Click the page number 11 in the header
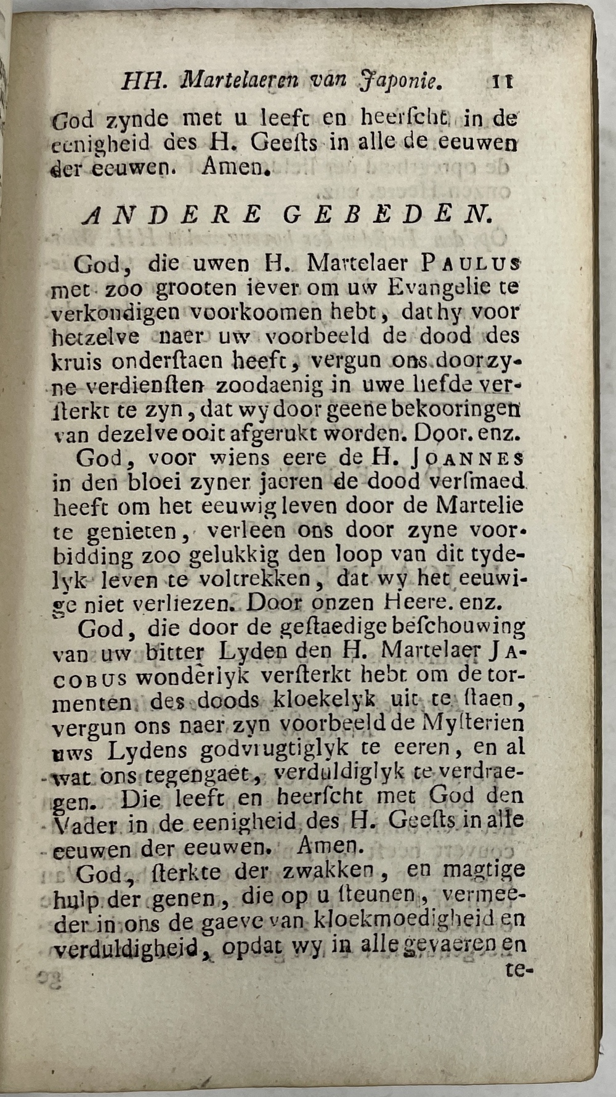coord(503,81)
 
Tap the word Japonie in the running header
coord(400,81)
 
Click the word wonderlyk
coord(192,677)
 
